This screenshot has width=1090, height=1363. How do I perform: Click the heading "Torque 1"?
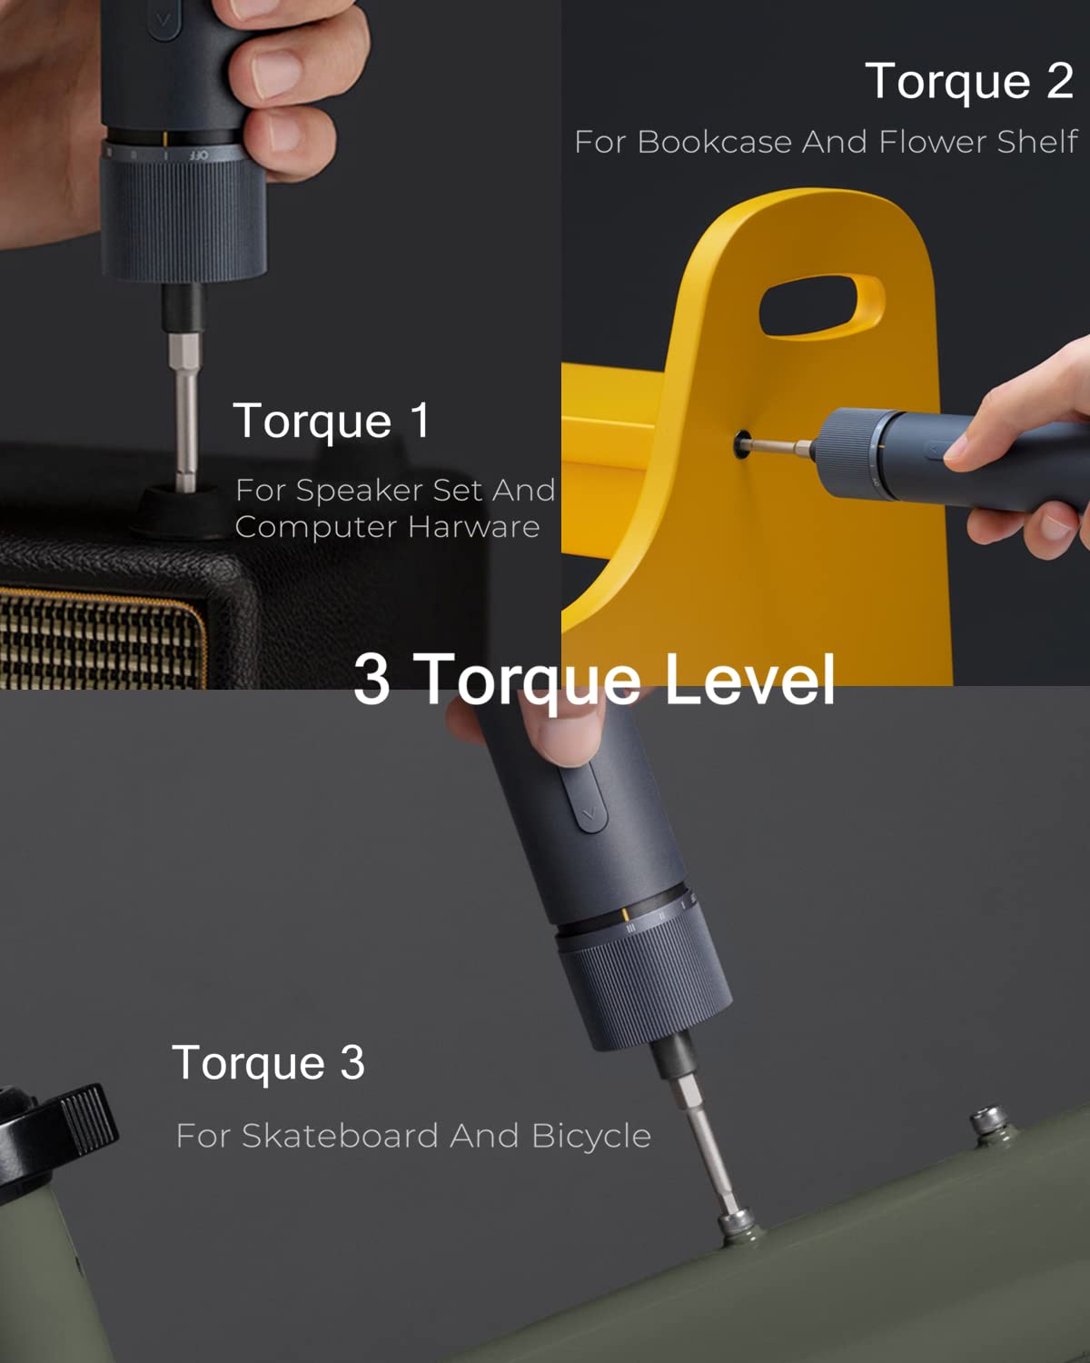coord(332,421)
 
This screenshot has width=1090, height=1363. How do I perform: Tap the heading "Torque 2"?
coord(969,82)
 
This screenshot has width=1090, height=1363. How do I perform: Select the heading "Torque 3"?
coord(268,1062)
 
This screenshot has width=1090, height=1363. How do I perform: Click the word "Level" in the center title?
coord(749,679)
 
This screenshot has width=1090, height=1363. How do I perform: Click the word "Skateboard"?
coord(341,1136)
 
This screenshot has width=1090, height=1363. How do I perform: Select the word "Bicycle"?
coord(590,1136)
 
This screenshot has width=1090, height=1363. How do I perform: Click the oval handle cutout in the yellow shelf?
coord(821,307)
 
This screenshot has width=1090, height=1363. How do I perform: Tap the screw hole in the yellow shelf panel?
coord(742,445)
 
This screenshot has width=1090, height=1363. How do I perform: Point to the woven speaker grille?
coord(100,636)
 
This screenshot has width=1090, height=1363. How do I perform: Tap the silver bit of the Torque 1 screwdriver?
coord(185,409)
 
